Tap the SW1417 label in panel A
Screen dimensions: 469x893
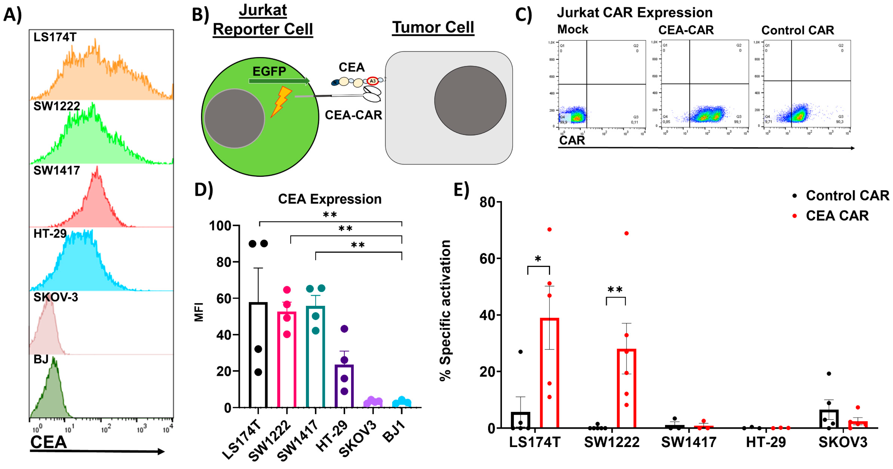click(56, 171)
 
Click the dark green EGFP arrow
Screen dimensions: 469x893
click(279, 81)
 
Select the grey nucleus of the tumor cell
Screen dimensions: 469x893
click(470, 101)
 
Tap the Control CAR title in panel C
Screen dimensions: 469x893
click(797, 31)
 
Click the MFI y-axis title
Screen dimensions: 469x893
click(199, 312)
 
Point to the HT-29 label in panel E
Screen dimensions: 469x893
click(765, 442)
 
